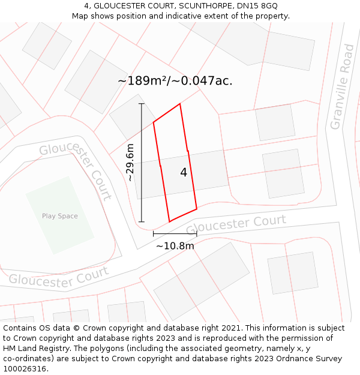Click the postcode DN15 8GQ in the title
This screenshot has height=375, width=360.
point(256,6)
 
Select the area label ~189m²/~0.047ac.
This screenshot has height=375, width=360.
point(175,81)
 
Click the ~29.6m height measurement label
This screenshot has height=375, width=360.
point(130,163)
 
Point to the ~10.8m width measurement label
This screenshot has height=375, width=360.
point(175,245)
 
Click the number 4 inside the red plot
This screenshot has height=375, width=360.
point(184,173)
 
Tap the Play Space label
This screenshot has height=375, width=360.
point(59,216)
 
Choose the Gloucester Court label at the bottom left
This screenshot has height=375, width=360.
point(58,277)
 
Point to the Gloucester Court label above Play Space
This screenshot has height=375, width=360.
point(77,170)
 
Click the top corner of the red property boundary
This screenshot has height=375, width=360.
point(180,104)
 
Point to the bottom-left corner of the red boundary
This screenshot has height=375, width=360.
point(169,221)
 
